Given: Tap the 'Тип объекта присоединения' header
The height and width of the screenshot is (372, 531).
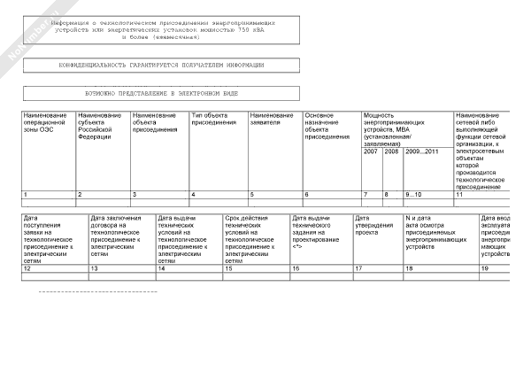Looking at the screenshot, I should (217, 120).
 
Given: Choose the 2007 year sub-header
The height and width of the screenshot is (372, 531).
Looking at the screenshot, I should (370, 151).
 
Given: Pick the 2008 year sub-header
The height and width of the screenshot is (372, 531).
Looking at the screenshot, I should (391, 151).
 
